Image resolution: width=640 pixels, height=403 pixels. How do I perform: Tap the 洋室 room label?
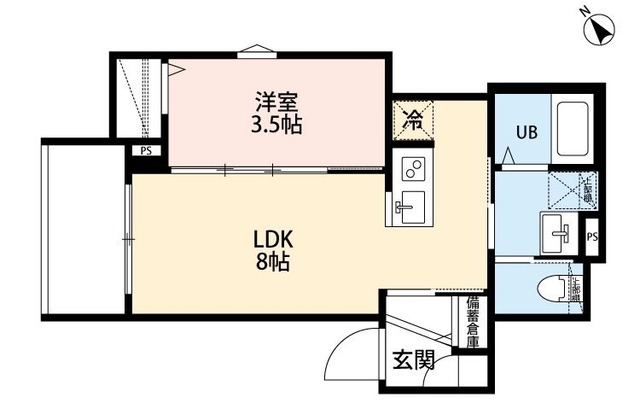click(x=276, y=101)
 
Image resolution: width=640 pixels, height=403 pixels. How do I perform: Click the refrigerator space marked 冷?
click(x=411, y=120)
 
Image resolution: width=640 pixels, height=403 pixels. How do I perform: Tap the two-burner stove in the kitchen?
click(x=412, y=167)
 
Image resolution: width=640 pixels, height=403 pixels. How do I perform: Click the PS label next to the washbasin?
click(x=592, y=237)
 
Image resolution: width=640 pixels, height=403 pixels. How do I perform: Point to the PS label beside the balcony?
click(x=146, y=152)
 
